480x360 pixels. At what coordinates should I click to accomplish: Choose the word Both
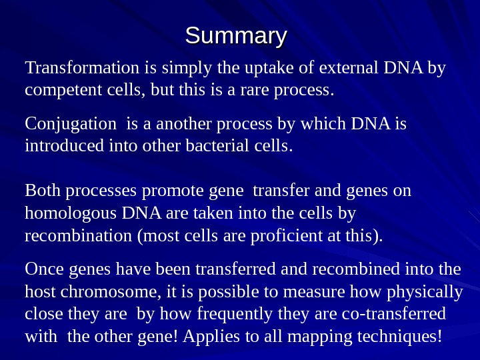pyautogui.click(x=42, y=192)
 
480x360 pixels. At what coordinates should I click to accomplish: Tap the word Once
pyautogui.click(x=43, y=270)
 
